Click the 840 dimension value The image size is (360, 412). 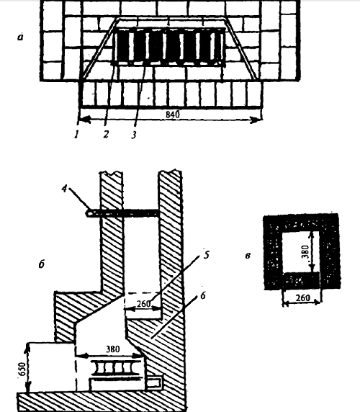tap(173, 115)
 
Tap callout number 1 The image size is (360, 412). tap(76, 135)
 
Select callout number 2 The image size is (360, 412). tap(106, 134)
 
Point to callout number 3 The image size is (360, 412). tap(134, 135)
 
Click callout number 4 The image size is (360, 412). tap(65, 189)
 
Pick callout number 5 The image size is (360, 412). tap(207, 254)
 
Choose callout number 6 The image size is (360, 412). tap(203, 296)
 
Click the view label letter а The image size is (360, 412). tap(20, 37)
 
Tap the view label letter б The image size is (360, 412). tap(42, 264)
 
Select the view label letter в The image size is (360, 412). tap(248, 255)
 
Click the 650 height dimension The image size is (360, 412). tap(22, 370)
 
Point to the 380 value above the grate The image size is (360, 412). tap(112, 349)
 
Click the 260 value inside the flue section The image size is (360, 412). tap(143, 304)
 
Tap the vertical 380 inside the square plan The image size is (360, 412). tap(305, 252)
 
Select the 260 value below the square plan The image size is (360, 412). tap(302, 298)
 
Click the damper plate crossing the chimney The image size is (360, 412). tap(123, 213)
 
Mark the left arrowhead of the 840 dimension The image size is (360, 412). tap(84, 120)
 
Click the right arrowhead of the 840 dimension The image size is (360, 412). tap(256, 120)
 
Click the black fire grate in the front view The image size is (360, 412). tap(169, 46)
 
